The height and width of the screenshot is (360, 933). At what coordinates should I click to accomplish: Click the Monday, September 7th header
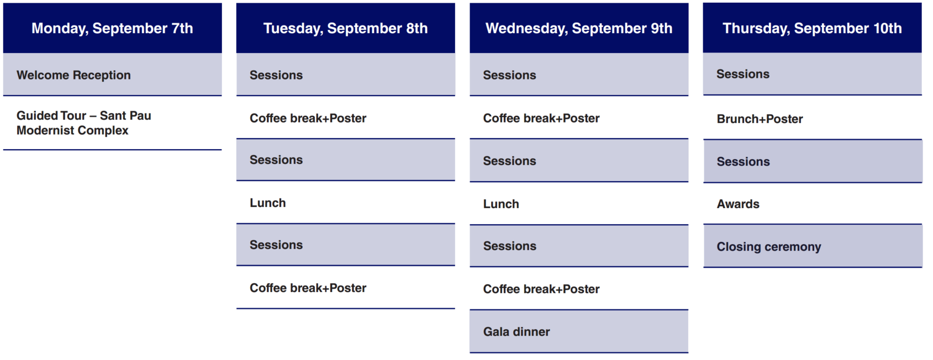113,28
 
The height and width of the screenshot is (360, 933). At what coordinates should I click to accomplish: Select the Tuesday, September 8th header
346,28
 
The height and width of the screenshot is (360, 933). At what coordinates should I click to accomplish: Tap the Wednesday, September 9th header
579,28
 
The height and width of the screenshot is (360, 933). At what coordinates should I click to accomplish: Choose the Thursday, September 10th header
812,28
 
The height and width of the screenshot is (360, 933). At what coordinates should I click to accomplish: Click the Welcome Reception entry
73,75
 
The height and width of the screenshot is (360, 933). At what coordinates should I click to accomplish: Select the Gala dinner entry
516,332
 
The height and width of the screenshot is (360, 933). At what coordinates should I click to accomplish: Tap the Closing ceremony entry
769,247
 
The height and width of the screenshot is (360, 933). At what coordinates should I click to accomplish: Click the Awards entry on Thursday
738,204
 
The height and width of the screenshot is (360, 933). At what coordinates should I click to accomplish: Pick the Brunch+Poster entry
760,119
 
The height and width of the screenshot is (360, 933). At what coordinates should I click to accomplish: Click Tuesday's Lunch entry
268,203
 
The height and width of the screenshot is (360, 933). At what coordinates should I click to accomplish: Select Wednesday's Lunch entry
501,204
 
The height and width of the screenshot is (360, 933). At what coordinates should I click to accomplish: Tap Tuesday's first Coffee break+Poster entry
308,118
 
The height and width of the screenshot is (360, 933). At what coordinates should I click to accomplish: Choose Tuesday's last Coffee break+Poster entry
308,288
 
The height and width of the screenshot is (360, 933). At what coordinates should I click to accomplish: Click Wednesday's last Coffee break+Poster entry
541,289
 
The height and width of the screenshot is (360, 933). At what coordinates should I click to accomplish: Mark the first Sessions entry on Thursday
743,74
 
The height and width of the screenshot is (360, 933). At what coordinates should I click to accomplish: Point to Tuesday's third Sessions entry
276,245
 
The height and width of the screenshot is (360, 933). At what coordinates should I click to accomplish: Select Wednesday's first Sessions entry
509,75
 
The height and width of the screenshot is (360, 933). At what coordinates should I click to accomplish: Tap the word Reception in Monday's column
102,75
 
